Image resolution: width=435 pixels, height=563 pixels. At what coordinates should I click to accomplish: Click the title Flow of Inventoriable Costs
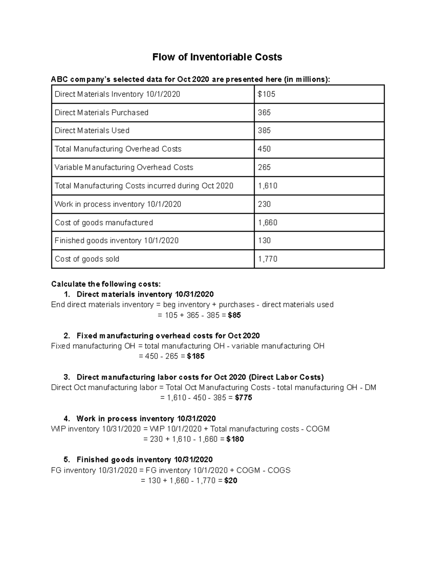(x=217, y=57)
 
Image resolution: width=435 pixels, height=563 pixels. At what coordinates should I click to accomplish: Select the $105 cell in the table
(x=266, y=94)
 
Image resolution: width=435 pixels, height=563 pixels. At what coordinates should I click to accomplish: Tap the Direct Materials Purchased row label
(x=101, y=113)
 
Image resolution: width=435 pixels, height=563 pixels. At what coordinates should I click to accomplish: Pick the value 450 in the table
(x=264, y=149)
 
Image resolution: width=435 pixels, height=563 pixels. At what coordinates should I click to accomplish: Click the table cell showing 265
(x=264, y=167)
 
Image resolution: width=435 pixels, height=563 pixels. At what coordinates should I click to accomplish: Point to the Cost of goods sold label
(x=87, y=259)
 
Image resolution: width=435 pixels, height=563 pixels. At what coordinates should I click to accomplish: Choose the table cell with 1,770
(x=268, y=259)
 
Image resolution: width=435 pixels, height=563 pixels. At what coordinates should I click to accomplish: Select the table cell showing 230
(x=264, y=204)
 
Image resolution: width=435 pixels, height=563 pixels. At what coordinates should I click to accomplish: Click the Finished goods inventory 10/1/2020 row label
(x=116, y=241)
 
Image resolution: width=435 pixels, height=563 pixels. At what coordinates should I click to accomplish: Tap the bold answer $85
(x=234, y=315)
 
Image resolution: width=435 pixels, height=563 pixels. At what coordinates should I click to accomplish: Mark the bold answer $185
(x=196, y=356)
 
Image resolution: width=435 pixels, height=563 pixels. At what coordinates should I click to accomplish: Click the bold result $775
(x=244, y=398)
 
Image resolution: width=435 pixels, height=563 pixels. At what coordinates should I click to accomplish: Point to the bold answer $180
(x=235, y=439)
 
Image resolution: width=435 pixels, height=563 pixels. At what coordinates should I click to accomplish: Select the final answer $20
(x=231, y=481)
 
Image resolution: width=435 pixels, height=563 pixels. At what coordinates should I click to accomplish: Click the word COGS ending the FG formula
(x=279, y=471)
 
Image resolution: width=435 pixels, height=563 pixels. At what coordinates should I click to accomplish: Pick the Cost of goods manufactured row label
(x=104, y=223)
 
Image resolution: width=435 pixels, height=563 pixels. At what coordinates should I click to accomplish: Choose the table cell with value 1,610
(x=268, y=186)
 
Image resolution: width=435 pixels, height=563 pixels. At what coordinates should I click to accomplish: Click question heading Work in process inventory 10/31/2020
(x=146, y=419)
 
